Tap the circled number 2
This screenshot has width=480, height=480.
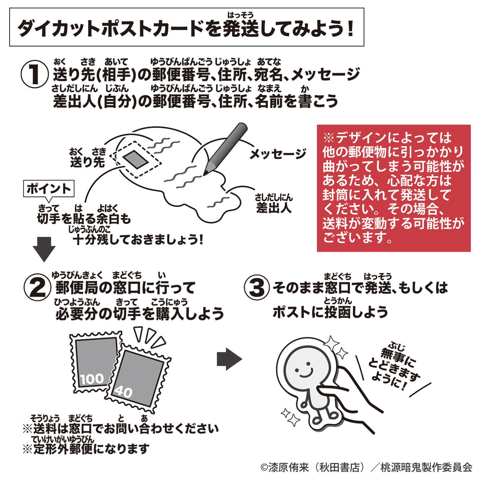pyautogui.click(x=39, y=288)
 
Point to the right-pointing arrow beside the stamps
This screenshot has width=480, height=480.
pyautogui.click(x=229, y=359)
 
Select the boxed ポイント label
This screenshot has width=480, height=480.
pyautogui.click(x=49, y=188)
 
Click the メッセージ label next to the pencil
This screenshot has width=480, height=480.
pyautogui.click(x=278, y=154)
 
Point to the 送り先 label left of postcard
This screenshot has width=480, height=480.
pyautogui.click(x=87, y=161)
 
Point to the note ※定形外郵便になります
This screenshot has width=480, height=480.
pyautogui.click(x=86, y=449)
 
